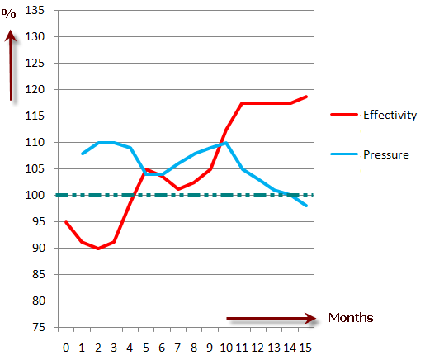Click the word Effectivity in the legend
(x=390, y=115)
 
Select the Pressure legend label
(x=386, y=154)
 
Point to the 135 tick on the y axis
(x=35, y=11)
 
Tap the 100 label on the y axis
(x=35, y=195)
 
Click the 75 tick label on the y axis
(x=38, y=327)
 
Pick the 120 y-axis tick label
(x=35, y=89)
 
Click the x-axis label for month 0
(x=66, y=348)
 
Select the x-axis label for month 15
(x=305, y=348)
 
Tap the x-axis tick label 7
(x=177, y=348)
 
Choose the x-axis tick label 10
(x=226, y=348)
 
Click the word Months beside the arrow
(x=351, y=318)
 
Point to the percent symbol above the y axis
(x=8, y=13)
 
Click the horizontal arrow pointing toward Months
(x=272, y=318)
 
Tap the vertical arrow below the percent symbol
(x=11, y=65)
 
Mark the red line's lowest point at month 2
(x=98, y=249)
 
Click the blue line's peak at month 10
(x=226, y=143)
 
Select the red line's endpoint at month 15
(x=306, y=97)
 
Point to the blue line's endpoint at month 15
(x=306, y=206)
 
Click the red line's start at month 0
(x=66, y=221)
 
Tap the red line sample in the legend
(x=344, y=114)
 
